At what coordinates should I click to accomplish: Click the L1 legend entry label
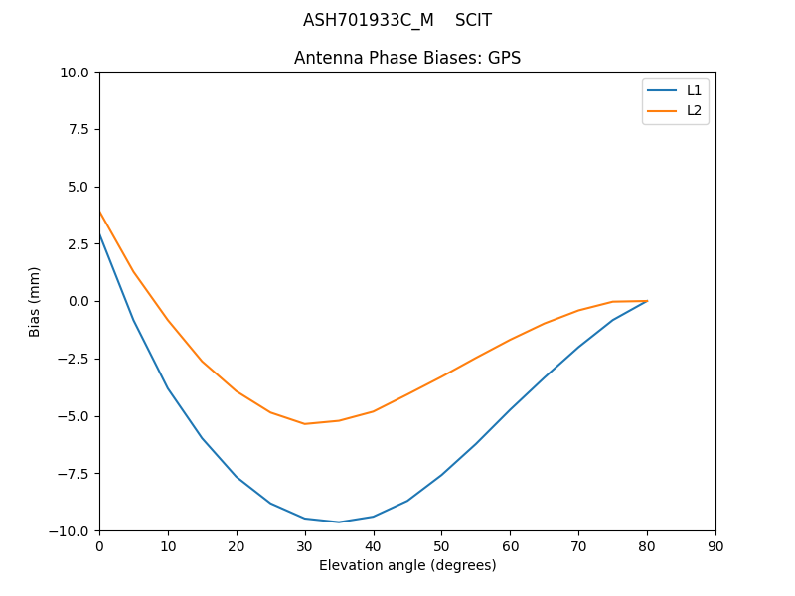pyautogui.click(x=694, y=90)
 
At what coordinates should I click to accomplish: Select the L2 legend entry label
pyautogui.click(x=694, y=110)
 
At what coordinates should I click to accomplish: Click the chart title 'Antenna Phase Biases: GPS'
pyautogui.click(x=407, y=58)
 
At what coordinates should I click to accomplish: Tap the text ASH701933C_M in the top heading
pyautogui.click(x=369, y=20)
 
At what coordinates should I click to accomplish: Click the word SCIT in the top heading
pyautogui.click(x=473, y=20)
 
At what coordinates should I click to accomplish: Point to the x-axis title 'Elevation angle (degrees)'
pyautogui.click(x=407, y=565)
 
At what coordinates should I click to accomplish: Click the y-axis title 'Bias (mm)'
pyautogui.click(x=35, y=301)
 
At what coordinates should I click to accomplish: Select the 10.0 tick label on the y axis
pyautogui.click(x=74, y=73)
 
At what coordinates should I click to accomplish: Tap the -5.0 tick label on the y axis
pyautogui.click(x=73, y=416)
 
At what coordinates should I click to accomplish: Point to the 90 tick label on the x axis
pyautogui.click(x=715, y=546)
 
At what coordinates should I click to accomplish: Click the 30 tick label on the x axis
pyautogui.click(x=305, y=546)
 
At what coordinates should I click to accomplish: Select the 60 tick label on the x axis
pyautogui.click(x=510, y=546)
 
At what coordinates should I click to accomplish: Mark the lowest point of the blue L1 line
pyautogui.click(x=339, y=521)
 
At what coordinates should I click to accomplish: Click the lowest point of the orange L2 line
pyautogui.click(x=305, y=424)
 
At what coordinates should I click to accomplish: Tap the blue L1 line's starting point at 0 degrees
pyautogui.click(x=99, y=234)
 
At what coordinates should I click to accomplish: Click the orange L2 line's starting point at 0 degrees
pyautogui.click(x=99, y=211)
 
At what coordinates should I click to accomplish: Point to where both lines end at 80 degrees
pyautogui.click(x=647, y=301)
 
